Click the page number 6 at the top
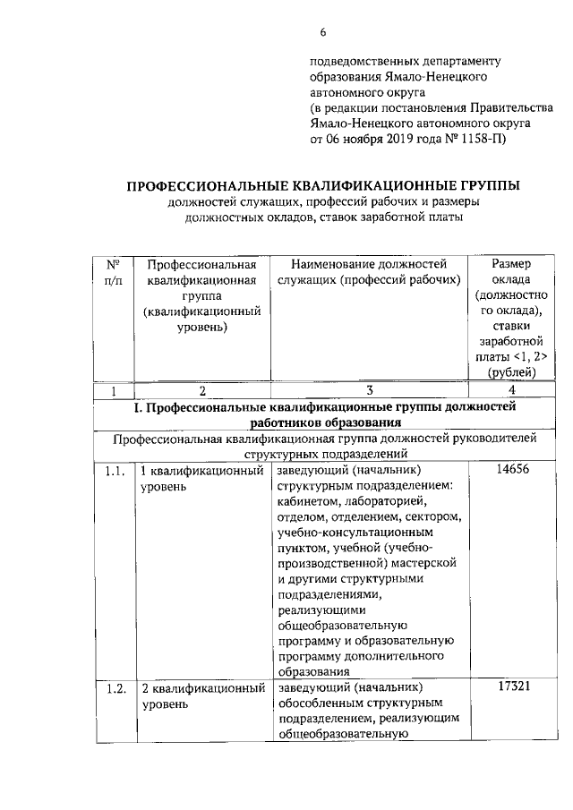point(323,33)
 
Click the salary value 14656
point(514,470)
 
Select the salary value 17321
point(514,686)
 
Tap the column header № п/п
point(114,272)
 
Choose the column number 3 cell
point(369,391)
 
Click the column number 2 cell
point(202,391)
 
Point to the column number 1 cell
point(114,391)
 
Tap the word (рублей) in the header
point(513,373)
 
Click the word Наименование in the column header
point(333,264)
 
